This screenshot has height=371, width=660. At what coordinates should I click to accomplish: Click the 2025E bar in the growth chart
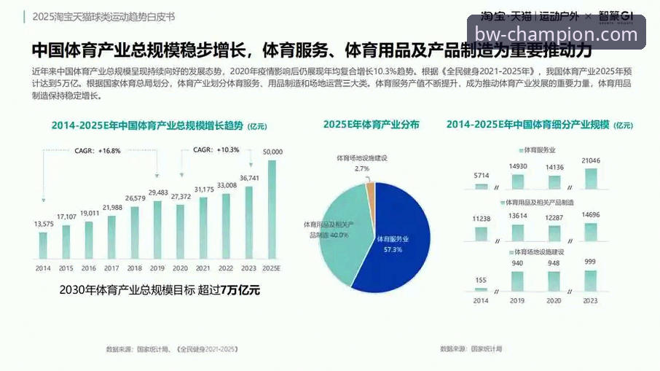coord(272,210)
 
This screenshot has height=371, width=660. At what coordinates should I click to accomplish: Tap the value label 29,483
coord(157,192)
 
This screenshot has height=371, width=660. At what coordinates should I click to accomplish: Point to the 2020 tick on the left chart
coord(180,268)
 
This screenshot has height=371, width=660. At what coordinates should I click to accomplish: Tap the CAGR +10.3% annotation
coord(216,149)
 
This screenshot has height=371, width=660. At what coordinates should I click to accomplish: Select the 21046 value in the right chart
coord(591,160)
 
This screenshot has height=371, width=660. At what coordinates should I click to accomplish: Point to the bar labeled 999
coord(591,281)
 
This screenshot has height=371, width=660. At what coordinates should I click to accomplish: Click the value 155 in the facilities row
coord(481,280)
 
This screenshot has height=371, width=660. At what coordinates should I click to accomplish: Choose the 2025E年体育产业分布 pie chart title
coord(371,125)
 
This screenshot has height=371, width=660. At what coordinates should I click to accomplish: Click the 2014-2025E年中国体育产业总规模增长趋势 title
coord(148,125)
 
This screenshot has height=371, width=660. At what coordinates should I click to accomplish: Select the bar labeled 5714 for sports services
coord(481,186)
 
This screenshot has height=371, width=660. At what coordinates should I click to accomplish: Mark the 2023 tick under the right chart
coord(591,300)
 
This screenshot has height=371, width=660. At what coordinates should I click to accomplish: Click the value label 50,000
coord(272,152)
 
